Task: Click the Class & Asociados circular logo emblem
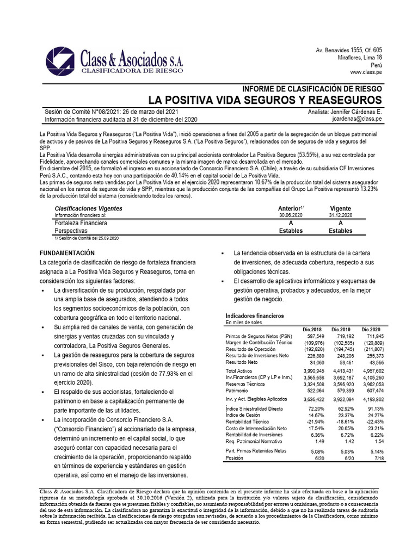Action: (62, 59)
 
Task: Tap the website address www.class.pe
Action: (366, 72)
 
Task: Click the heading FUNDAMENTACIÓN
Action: (67, 253)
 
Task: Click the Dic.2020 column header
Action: (372, 330)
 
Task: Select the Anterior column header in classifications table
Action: (290, 208)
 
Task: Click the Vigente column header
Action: (341, 208)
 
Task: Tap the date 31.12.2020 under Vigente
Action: (341, 215)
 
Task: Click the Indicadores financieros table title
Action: (254, 315)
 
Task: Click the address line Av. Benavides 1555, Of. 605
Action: (349, 50)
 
